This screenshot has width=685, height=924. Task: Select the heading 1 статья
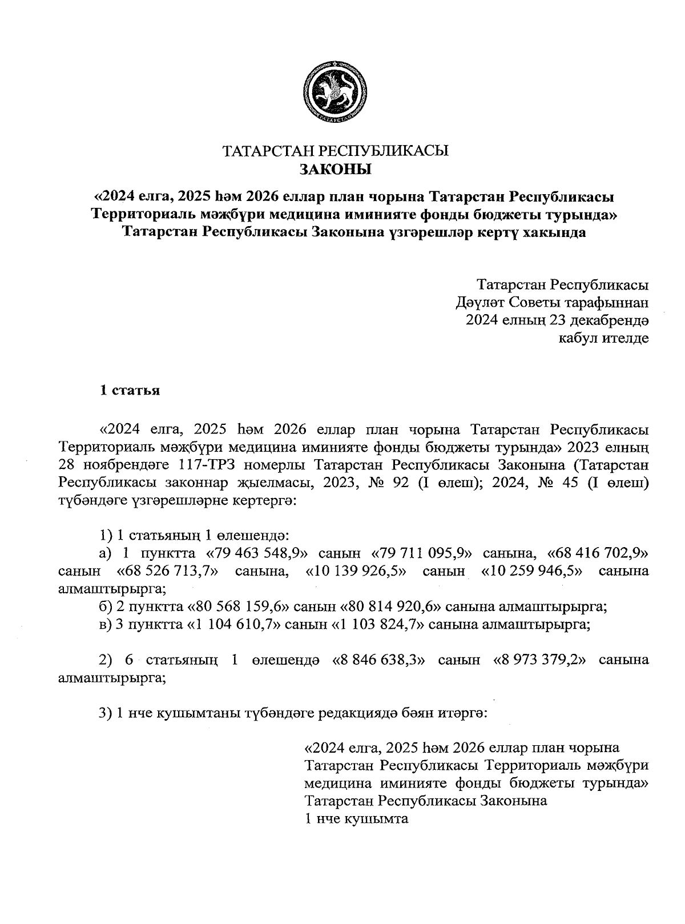click(130, 391)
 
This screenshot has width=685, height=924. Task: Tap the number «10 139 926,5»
click(356, 572)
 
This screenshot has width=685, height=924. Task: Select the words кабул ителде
click(603, 338)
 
